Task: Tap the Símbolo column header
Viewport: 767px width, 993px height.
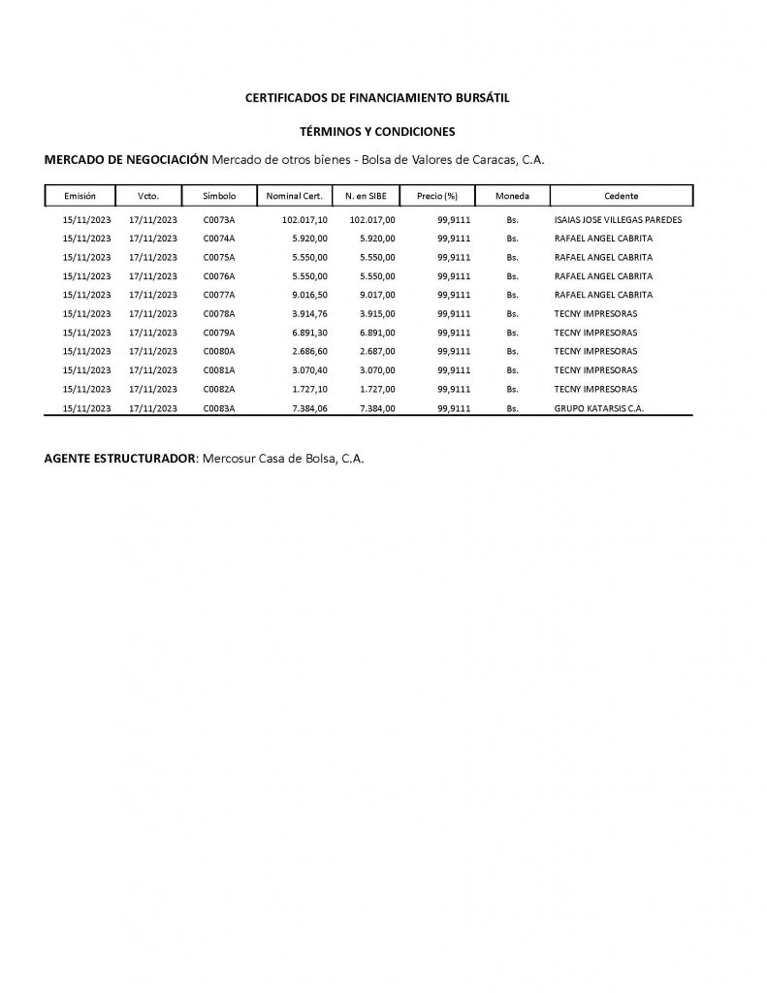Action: click(x=219, y=196)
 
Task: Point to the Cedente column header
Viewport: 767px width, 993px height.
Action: click(x=621, y=196)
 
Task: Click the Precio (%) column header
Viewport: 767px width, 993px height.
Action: click(x=436, y=196)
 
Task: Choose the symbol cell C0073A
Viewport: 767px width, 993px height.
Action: click(x=219, y=220)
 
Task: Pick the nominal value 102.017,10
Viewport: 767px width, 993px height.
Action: click(x=304, y=220)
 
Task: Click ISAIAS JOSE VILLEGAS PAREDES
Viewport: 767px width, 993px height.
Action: click(x=618, y=220)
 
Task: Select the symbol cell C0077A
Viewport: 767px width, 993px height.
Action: click(x=219, y=295)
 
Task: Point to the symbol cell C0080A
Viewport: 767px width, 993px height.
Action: click(x=219, y=352)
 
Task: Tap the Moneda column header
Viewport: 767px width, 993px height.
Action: click(x=512, y=196)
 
